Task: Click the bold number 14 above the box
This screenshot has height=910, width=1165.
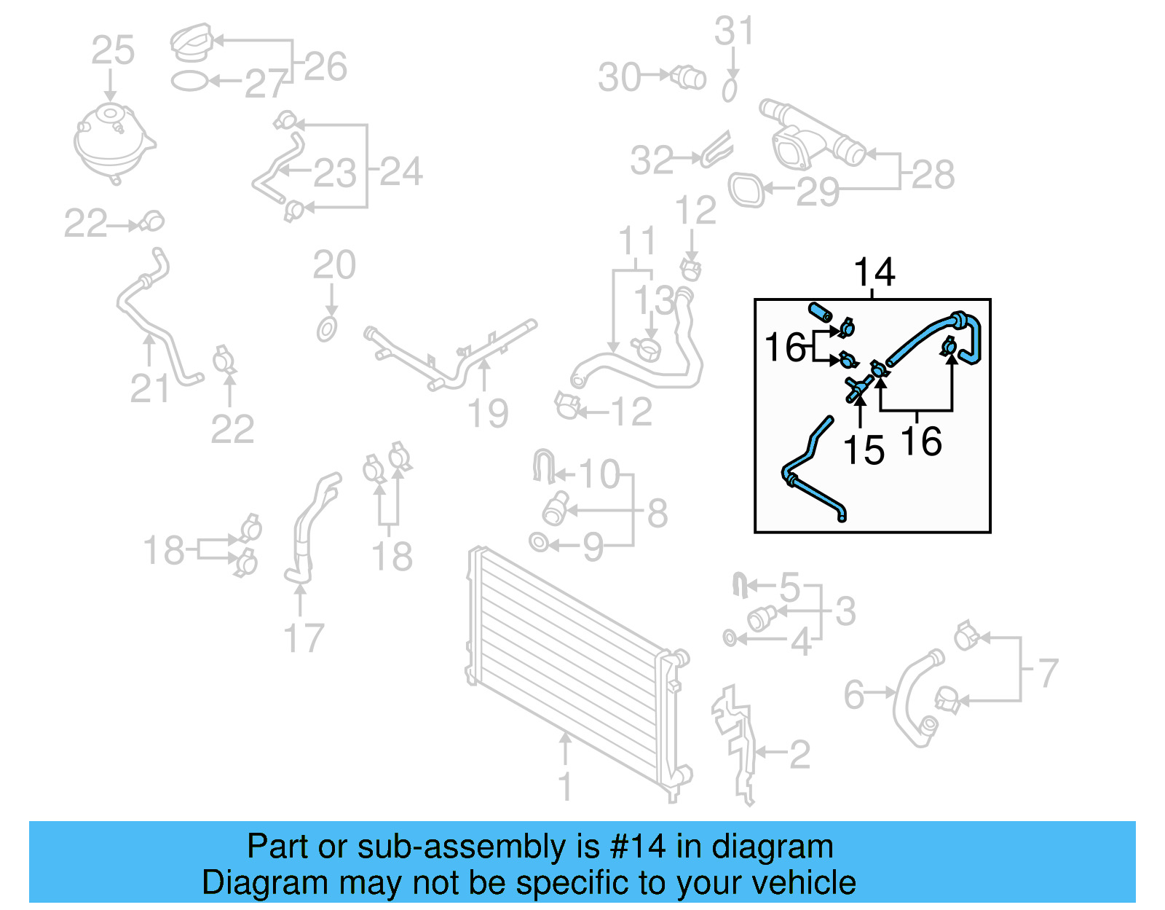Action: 874,272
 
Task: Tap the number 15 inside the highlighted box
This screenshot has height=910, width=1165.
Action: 864,450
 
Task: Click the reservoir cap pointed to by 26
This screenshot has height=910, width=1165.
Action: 191,42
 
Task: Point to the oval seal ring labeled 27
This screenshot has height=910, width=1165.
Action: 189,81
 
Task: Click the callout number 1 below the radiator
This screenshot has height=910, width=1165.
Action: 565,787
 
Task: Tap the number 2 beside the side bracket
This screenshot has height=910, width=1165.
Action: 799,755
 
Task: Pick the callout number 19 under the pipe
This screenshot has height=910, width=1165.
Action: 487,413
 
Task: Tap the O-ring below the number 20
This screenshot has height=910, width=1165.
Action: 327,329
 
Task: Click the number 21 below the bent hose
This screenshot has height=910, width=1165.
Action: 149,388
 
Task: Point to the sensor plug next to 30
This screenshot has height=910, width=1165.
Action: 689,77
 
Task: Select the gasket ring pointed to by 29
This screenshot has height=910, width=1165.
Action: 746,190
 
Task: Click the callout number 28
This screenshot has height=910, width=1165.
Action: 933,175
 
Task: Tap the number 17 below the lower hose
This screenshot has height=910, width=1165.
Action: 303,638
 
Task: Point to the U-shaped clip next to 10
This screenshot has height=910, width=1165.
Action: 542,466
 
